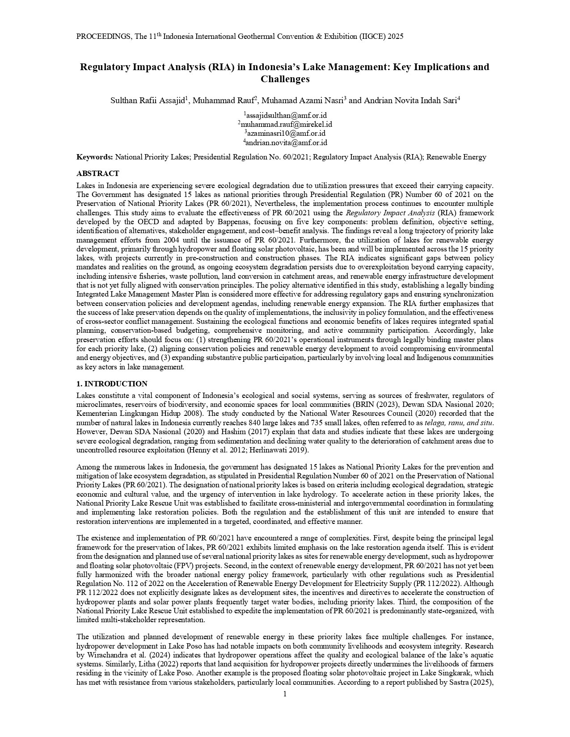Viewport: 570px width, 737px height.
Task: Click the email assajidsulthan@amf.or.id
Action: (285, 115)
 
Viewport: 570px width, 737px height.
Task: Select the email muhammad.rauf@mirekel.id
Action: (285, 124)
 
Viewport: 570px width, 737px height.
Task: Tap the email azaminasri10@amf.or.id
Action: (285, 134)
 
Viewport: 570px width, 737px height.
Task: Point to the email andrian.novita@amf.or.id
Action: (285, 142)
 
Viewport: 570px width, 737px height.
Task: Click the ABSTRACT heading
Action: (98, 173)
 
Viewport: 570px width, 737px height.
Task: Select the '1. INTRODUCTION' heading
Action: (112, 384)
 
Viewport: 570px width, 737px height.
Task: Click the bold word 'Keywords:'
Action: (95, 157)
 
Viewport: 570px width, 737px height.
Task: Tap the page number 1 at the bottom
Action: (285, 694)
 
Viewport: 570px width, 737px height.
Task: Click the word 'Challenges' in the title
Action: (285, 80)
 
